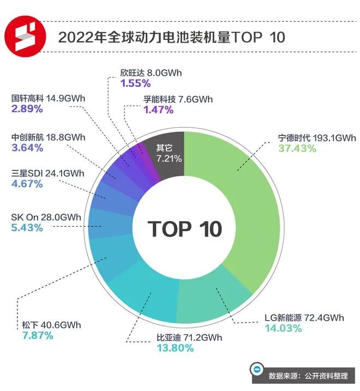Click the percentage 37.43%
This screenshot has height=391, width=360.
click(297, 149)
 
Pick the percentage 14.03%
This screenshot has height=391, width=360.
click(283, 328)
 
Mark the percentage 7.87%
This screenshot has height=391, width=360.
click(38, 335)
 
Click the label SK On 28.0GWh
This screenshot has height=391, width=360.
click(46, 217)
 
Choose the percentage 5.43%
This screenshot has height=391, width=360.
click(27, 228)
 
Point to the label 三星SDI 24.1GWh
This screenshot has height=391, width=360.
click(48, 174)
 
